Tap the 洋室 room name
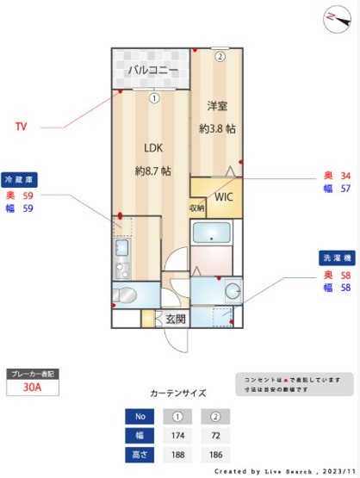[x=217, y=107]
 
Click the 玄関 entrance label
[x=175, y=319]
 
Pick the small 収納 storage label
[x=197, y=208]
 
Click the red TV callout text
[x=22, y=127]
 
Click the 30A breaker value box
[x=33, y=388]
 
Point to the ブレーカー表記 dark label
[x=33, y=374]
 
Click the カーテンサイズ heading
[x=177, y=393]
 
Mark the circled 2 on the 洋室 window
[x=220, y=58]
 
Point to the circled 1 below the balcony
[x=152, y=97]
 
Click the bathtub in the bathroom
[x=212, y=233]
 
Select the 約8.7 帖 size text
[x=152, y=171]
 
